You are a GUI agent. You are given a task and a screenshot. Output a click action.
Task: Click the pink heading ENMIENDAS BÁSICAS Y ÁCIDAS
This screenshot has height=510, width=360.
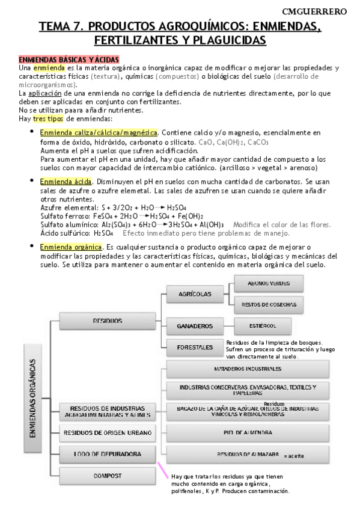pos(69,60)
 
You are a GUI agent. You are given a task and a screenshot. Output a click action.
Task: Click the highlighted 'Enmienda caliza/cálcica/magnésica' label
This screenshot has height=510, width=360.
pos(99,132)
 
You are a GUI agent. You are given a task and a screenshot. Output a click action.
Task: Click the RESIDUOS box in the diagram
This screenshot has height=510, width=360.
pos(108,321)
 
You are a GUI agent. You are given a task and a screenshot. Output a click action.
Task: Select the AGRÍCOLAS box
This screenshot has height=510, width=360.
pos(195,294)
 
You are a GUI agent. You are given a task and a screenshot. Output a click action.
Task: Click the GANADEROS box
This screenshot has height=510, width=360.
pos(195,327)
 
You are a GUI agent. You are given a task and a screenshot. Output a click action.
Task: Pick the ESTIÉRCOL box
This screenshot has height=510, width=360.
pos(263,326)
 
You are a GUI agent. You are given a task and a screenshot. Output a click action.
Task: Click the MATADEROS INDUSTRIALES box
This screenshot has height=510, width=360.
pos(247,368)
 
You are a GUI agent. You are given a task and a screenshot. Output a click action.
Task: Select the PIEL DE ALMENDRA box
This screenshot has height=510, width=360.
pos(247,432)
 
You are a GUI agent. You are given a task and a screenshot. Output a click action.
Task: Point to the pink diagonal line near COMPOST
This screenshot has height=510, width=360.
pos(163,470)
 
